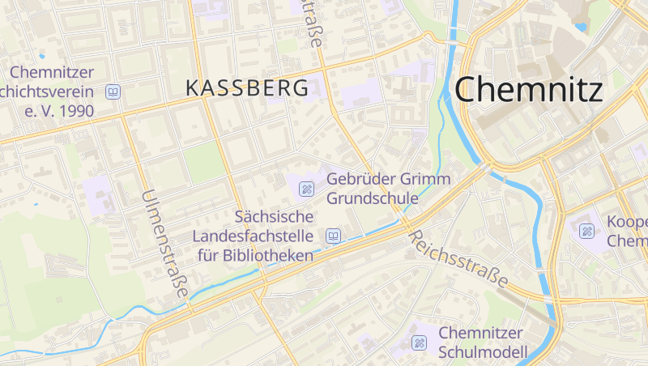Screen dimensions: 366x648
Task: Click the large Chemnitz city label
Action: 528,89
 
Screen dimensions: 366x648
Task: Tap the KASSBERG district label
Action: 247,88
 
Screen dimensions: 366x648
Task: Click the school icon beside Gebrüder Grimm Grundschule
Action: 307,189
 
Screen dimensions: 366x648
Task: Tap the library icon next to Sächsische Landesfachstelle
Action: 332,236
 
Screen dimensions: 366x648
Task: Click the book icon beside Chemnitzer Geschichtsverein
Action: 113,91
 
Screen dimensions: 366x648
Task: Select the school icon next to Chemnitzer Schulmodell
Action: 419,343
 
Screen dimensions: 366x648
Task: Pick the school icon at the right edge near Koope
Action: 586,232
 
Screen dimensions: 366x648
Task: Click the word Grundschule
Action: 373,198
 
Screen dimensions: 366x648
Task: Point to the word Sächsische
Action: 273,217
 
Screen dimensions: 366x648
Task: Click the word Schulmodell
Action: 483,352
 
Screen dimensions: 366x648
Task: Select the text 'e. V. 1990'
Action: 59,110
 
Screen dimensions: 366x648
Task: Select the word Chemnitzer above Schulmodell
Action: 482,333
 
